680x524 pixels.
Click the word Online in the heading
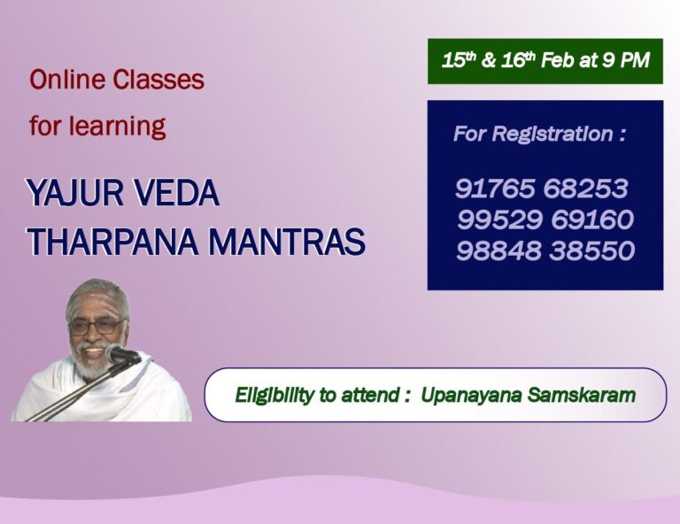69,80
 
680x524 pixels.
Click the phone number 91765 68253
542,189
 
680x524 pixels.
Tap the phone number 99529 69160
545,220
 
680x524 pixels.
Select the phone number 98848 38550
545,250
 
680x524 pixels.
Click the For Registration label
539,135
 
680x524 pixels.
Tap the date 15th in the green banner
458,61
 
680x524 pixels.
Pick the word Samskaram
582,395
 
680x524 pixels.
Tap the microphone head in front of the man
122,355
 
